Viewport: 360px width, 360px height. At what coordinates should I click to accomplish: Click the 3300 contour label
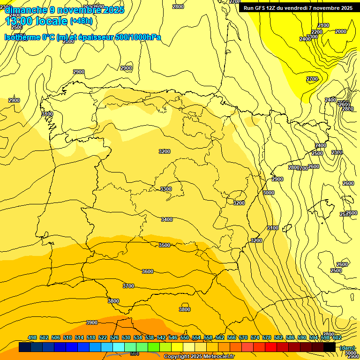point(166,189)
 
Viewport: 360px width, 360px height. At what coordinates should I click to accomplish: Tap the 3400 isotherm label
point(166,219)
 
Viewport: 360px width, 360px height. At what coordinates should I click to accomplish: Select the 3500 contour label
point(164,245)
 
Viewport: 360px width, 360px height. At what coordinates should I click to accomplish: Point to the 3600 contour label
point(147,271)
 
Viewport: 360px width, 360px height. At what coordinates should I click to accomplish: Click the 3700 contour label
point(128,286)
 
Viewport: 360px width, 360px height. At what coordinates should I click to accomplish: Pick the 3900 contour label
point(92,322)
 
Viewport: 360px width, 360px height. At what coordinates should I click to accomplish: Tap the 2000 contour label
point(341,31)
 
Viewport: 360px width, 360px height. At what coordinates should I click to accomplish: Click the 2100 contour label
point(323,25)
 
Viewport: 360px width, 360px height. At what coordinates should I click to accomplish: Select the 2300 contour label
point(337,152)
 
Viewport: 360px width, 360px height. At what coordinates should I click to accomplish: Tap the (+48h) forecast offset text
point(81,21)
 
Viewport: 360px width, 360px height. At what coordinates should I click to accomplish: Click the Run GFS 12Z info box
point(298,8)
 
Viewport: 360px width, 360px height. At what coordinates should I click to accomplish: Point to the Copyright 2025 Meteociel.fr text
point(199,356)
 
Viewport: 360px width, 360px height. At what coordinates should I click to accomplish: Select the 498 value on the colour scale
point(32,337)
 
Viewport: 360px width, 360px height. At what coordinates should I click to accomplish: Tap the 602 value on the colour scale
point(337,337)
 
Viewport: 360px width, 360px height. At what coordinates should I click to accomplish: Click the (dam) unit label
point(347,348)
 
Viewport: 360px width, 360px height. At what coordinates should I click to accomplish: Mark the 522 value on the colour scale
point(103,337)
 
